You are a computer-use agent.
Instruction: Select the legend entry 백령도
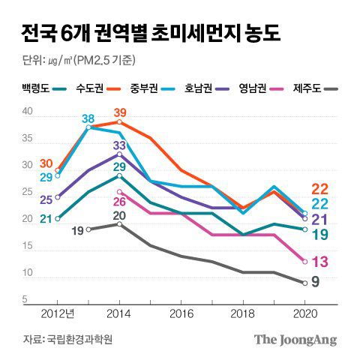pos(37,88)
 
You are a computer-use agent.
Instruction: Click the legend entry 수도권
pos(91,88)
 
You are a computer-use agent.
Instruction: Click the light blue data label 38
pos(88,119)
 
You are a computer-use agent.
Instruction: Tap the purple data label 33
pos(119,145)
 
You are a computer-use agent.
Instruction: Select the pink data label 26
pos(118,202)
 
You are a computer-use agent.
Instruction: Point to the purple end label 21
pos(319,220)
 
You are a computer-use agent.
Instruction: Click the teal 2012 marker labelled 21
pos(58,218)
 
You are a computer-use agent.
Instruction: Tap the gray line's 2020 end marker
pos(304,283)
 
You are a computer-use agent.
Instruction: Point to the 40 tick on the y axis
pos(28,112)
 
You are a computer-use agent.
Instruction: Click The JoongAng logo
pos(295,339)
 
